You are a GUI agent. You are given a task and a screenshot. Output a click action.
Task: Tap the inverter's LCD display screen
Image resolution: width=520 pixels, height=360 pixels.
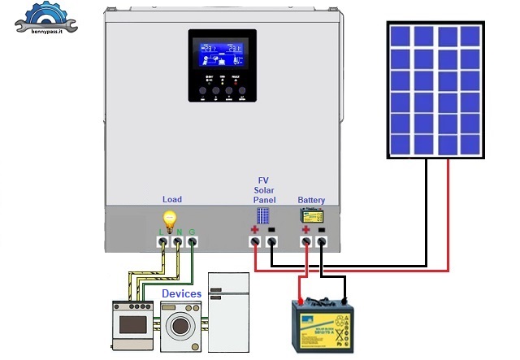[x=223, y=52]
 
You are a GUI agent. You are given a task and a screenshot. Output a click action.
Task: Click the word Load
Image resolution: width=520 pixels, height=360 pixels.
[x=172, y=199]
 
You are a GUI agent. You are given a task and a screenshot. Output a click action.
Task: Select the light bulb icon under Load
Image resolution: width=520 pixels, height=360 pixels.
[x=170, y=219]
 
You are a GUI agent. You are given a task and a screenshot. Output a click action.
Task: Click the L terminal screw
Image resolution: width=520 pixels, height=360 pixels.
[x=162, y=241]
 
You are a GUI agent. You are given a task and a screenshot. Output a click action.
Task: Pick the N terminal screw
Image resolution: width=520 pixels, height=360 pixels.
[x=177, y=241]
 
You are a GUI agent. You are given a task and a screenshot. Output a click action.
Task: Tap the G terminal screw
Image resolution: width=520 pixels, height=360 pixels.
[x=192, y=241]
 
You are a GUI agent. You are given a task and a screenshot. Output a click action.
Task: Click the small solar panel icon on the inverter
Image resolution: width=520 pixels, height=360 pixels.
[x=263, y=216]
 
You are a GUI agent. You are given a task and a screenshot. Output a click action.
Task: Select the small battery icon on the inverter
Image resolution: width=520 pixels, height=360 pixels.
[x=311, y=215]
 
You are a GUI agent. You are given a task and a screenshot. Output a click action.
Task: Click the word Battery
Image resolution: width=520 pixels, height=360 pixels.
[x=311, y=199]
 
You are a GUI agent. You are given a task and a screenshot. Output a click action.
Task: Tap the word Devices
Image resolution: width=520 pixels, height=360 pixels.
[x=181, y=293]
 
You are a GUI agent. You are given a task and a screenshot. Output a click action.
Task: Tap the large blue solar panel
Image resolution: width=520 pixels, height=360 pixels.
[x=434, y=90]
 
